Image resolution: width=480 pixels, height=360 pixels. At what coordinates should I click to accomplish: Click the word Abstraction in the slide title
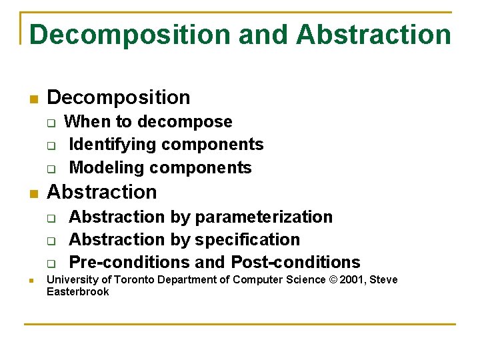point(373,35)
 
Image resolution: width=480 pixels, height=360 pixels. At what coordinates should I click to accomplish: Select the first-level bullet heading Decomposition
point(119,97)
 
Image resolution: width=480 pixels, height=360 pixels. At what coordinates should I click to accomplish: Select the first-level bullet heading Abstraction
point(102,192)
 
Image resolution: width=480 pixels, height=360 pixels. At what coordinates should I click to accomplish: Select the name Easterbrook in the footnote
point(77,291)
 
